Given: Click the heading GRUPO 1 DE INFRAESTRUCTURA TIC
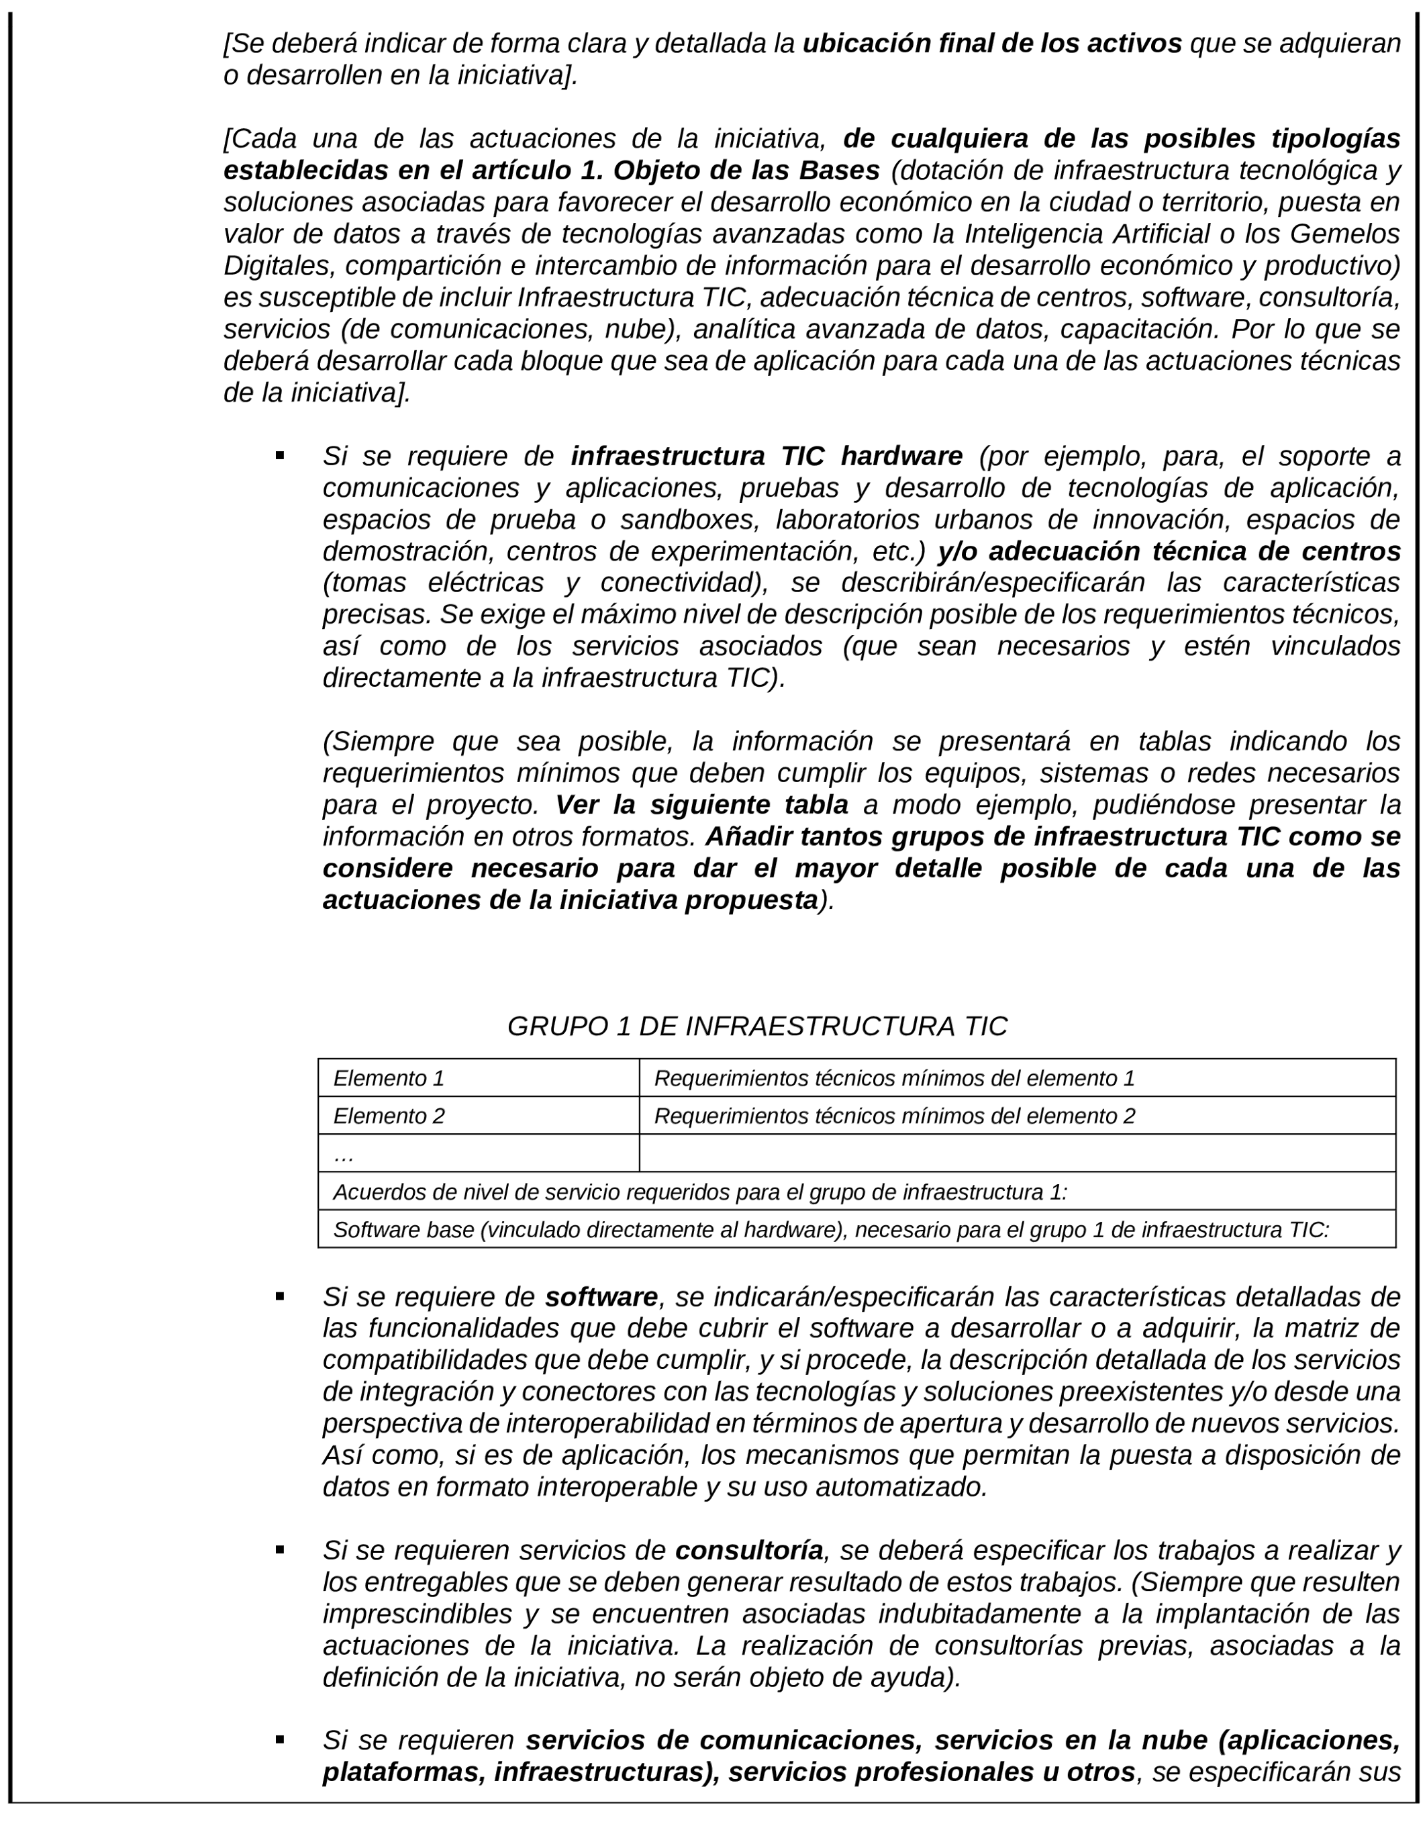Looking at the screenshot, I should [757, 1026].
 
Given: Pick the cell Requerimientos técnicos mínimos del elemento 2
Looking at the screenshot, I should [894, 1116].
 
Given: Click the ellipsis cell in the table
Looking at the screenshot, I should [478, 1153].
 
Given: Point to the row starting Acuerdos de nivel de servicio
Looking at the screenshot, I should [700, 1192].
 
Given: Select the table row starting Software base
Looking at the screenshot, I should [830, 1229].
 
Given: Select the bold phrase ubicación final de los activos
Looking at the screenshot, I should [991, 44].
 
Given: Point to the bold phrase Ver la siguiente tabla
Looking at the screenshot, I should [702, 805].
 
